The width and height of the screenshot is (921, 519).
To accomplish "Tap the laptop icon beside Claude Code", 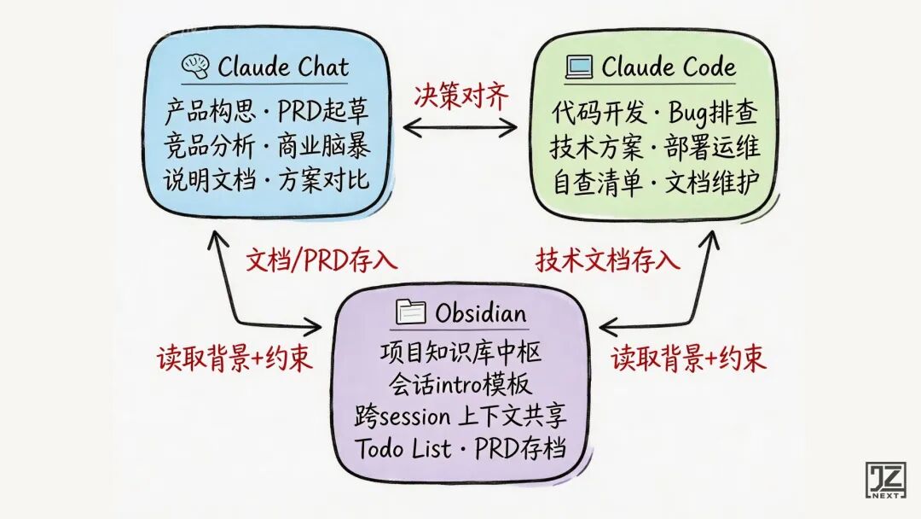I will [580, 67].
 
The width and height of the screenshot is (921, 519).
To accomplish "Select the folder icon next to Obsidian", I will [413, 313].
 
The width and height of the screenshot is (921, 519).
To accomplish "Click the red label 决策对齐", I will [460, 96].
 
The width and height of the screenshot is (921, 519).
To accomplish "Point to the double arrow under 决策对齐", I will [460, 128].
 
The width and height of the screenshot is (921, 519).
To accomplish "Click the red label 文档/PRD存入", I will [321, 259].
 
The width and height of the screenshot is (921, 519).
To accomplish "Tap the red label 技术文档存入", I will [608, 259].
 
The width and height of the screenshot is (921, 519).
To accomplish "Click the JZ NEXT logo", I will [885, 481].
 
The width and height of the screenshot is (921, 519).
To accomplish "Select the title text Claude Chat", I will [283, 67].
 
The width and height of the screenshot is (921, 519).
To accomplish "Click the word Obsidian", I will [481, 313].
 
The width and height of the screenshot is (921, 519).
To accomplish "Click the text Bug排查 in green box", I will [714, 113].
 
